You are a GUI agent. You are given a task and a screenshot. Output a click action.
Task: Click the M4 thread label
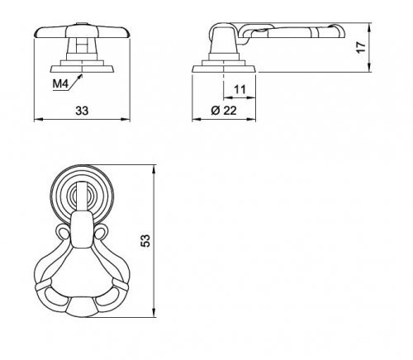(60, 83)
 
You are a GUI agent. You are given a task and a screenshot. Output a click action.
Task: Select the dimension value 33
(82, 111)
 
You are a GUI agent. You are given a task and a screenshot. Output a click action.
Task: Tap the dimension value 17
(361, 47)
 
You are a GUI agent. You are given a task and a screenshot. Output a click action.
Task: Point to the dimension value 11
(240, 89)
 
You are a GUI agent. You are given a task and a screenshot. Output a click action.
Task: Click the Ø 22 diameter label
(224, 111)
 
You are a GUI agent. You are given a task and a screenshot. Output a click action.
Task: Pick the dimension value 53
(145, 240)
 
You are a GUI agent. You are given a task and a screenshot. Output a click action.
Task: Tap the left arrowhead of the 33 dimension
(38, 120)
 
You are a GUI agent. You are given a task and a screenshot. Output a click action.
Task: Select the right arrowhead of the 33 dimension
(126, 120)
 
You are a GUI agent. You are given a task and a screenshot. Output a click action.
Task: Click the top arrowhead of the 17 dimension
(369, 26)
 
